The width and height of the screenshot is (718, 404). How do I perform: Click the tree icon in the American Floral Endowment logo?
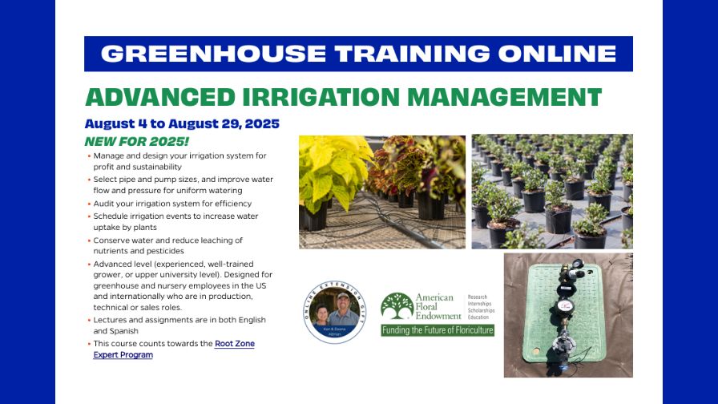click(x=397, y=306)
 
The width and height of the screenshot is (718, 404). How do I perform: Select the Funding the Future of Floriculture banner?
click(x=437, y=330)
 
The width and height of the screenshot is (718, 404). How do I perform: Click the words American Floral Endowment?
click(x=434, y=307)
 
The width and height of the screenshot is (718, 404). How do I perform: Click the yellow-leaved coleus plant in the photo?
click(x=328, y=172)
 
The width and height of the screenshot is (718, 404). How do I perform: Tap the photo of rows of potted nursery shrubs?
click(x=551, y=191)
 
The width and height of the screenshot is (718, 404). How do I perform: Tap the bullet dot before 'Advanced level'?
click(x=89, y=264)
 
